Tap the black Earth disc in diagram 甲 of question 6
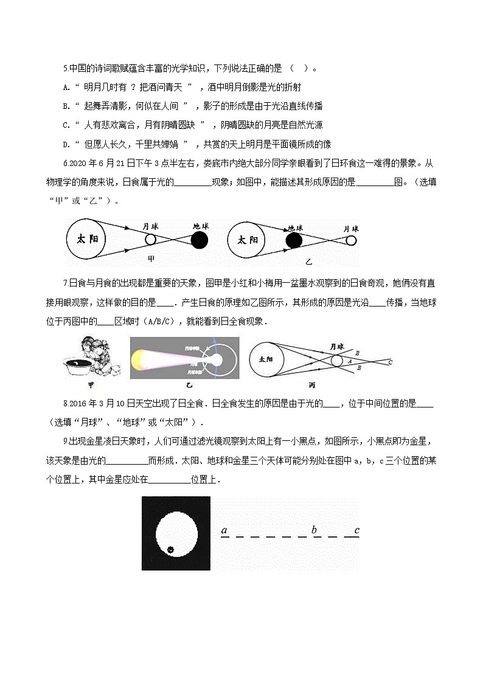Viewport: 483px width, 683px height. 199,241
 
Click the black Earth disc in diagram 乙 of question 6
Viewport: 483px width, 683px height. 294,241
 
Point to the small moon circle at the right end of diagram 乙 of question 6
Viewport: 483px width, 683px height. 351,241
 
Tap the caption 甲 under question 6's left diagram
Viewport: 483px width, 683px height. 151,258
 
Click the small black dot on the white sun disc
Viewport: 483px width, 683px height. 171,550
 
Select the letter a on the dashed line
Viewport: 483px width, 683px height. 224,530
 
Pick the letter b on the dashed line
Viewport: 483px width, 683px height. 314,530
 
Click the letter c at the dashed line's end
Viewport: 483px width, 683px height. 356,530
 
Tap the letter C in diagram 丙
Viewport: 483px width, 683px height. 390,362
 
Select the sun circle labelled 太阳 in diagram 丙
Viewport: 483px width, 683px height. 266,360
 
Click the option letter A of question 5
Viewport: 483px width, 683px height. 65,87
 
